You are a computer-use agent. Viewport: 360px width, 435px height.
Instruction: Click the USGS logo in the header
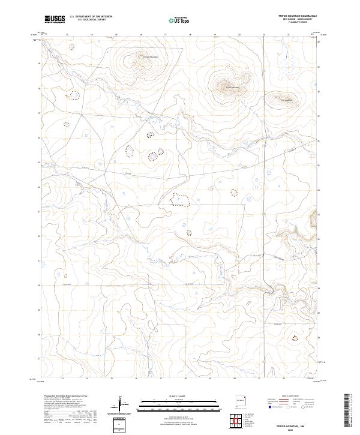click(55, 19)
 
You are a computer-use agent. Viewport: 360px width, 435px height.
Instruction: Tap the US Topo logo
click(181, 19)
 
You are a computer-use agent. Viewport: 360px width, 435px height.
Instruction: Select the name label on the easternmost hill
click(286, 100)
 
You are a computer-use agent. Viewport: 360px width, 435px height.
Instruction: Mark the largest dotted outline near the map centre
click(181, 199)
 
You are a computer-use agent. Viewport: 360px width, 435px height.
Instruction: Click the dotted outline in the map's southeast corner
click(295, 338)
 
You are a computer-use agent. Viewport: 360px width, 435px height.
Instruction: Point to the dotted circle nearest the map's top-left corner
click(73, 46)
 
